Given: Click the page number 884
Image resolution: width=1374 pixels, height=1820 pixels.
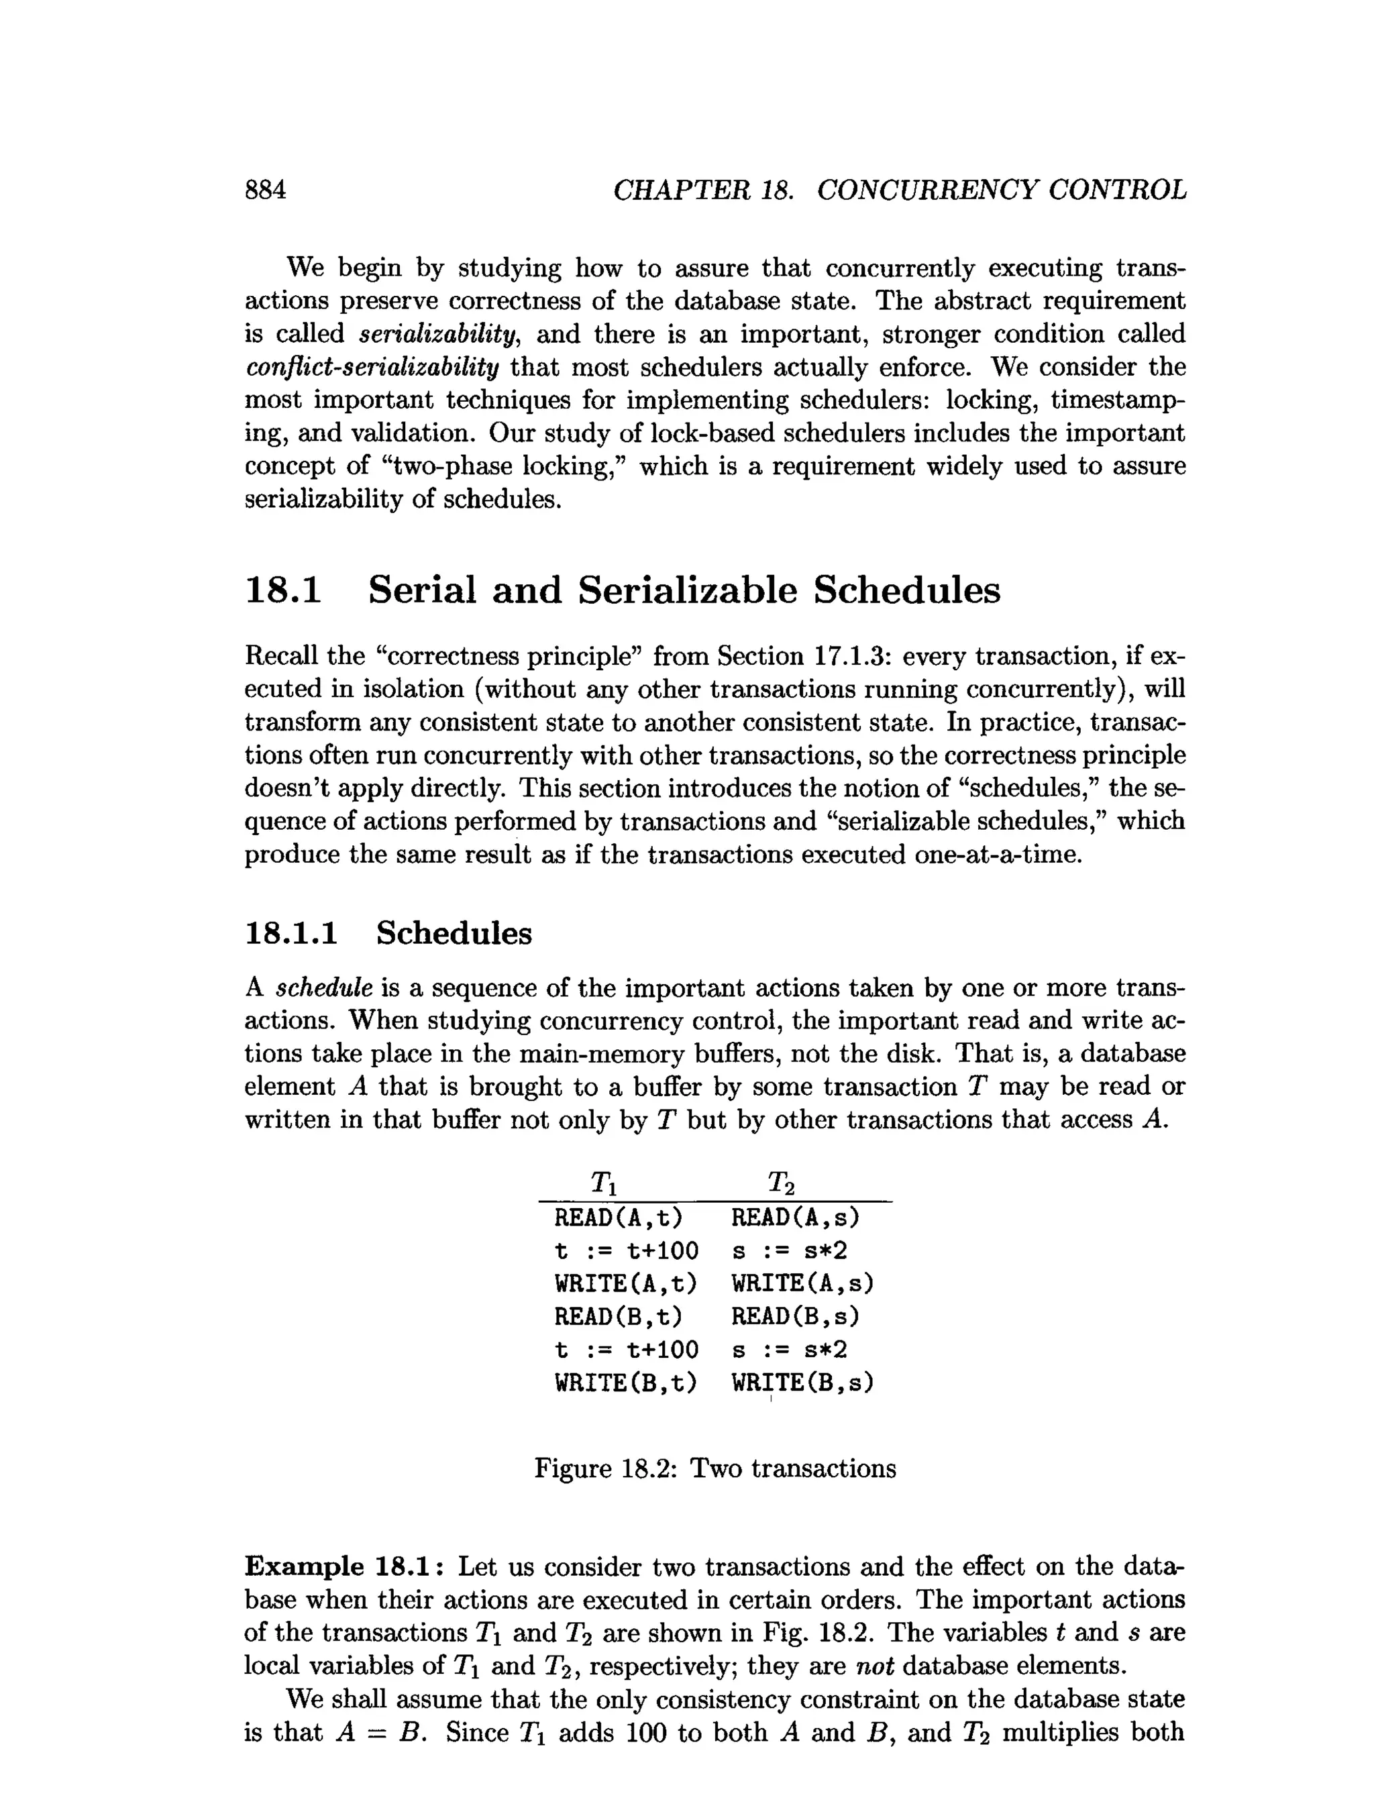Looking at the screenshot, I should coord(266,190).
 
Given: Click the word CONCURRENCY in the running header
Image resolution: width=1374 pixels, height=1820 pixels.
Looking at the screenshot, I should coord(924,190).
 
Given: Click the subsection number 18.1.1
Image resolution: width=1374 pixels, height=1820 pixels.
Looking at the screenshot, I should coord(291,933).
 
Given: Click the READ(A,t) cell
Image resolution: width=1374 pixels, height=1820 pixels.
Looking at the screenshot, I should coord(619,1217).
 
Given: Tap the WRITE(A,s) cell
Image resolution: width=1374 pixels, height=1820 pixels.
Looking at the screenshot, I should coord(802,1283).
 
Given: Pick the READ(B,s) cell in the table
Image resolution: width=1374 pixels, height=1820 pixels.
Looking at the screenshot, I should coord(795,1316).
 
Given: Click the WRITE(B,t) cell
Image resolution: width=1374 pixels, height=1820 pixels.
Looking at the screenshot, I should coord(625,1383).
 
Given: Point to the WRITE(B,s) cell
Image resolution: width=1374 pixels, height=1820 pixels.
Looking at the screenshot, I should coord(802,1383).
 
